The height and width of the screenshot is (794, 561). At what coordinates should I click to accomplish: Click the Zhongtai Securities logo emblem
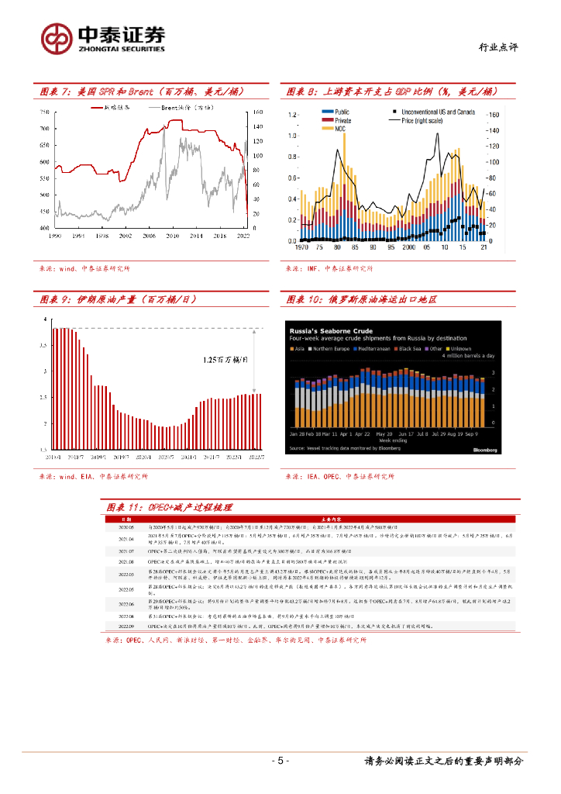pyautogui.click(x=56, y=36)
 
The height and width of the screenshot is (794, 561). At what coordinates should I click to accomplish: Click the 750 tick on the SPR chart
pyautogui.click(x=43, y=112)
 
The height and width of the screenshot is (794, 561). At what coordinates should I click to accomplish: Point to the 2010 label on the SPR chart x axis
pyautogui.click(x=172, y=235)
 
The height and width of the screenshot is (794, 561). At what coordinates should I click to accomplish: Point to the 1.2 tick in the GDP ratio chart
pyautogui.click(x=293, y=115)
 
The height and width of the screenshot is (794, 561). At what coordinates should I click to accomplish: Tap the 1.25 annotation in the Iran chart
pyautogui.click(x=222, y=360)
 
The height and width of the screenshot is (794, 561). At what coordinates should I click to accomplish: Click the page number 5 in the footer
pyautogui.click(x=280, y=761)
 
